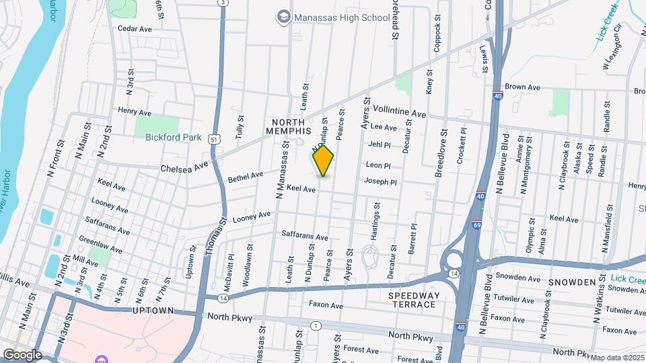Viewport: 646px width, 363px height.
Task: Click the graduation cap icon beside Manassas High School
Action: pyautogui.click(x=284, y=15)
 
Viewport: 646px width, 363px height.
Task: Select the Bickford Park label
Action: pyautogui.click(x=174, y=137)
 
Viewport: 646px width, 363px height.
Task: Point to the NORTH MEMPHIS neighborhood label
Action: pyautogui.click(x=290, y=126)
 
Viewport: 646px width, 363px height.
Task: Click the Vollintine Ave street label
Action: pyautogui.click(x=400, y=112)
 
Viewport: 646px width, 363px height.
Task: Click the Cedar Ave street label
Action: pyautogui.click(x=135, y=29)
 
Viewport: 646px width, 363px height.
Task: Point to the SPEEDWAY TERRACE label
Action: pyautogui.click(x=414, y=300)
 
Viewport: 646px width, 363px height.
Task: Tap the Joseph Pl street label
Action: pyautogui.click(x=380, y=182)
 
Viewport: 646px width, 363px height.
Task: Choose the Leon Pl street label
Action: pyautogui.click(x=378, y=165)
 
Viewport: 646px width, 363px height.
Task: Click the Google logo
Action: pyautogui.click(x=22, y=354)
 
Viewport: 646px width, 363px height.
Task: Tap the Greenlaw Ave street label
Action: pyautogui.click(x=100, y=243)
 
